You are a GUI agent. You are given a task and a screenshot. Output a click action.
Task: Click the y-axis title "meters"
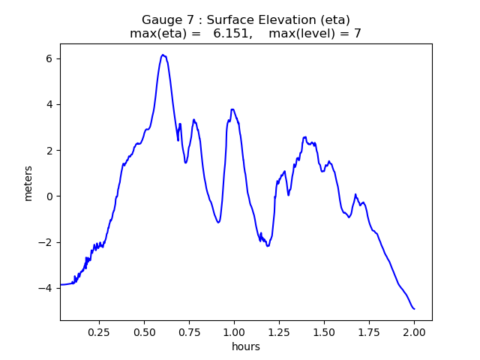[28, 182]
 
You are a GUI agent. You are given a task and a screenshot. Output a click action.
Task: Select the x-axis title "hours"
[245, 346]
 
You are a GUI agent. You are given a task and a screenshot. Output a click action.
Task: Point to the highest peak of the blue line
[163, 55]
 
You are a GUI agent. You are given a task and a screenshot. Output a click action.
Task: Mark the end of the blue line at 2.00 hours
[414, 309]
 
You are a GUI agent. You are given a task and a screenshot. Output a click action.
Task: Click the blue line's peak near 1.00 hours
[232, 109]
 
